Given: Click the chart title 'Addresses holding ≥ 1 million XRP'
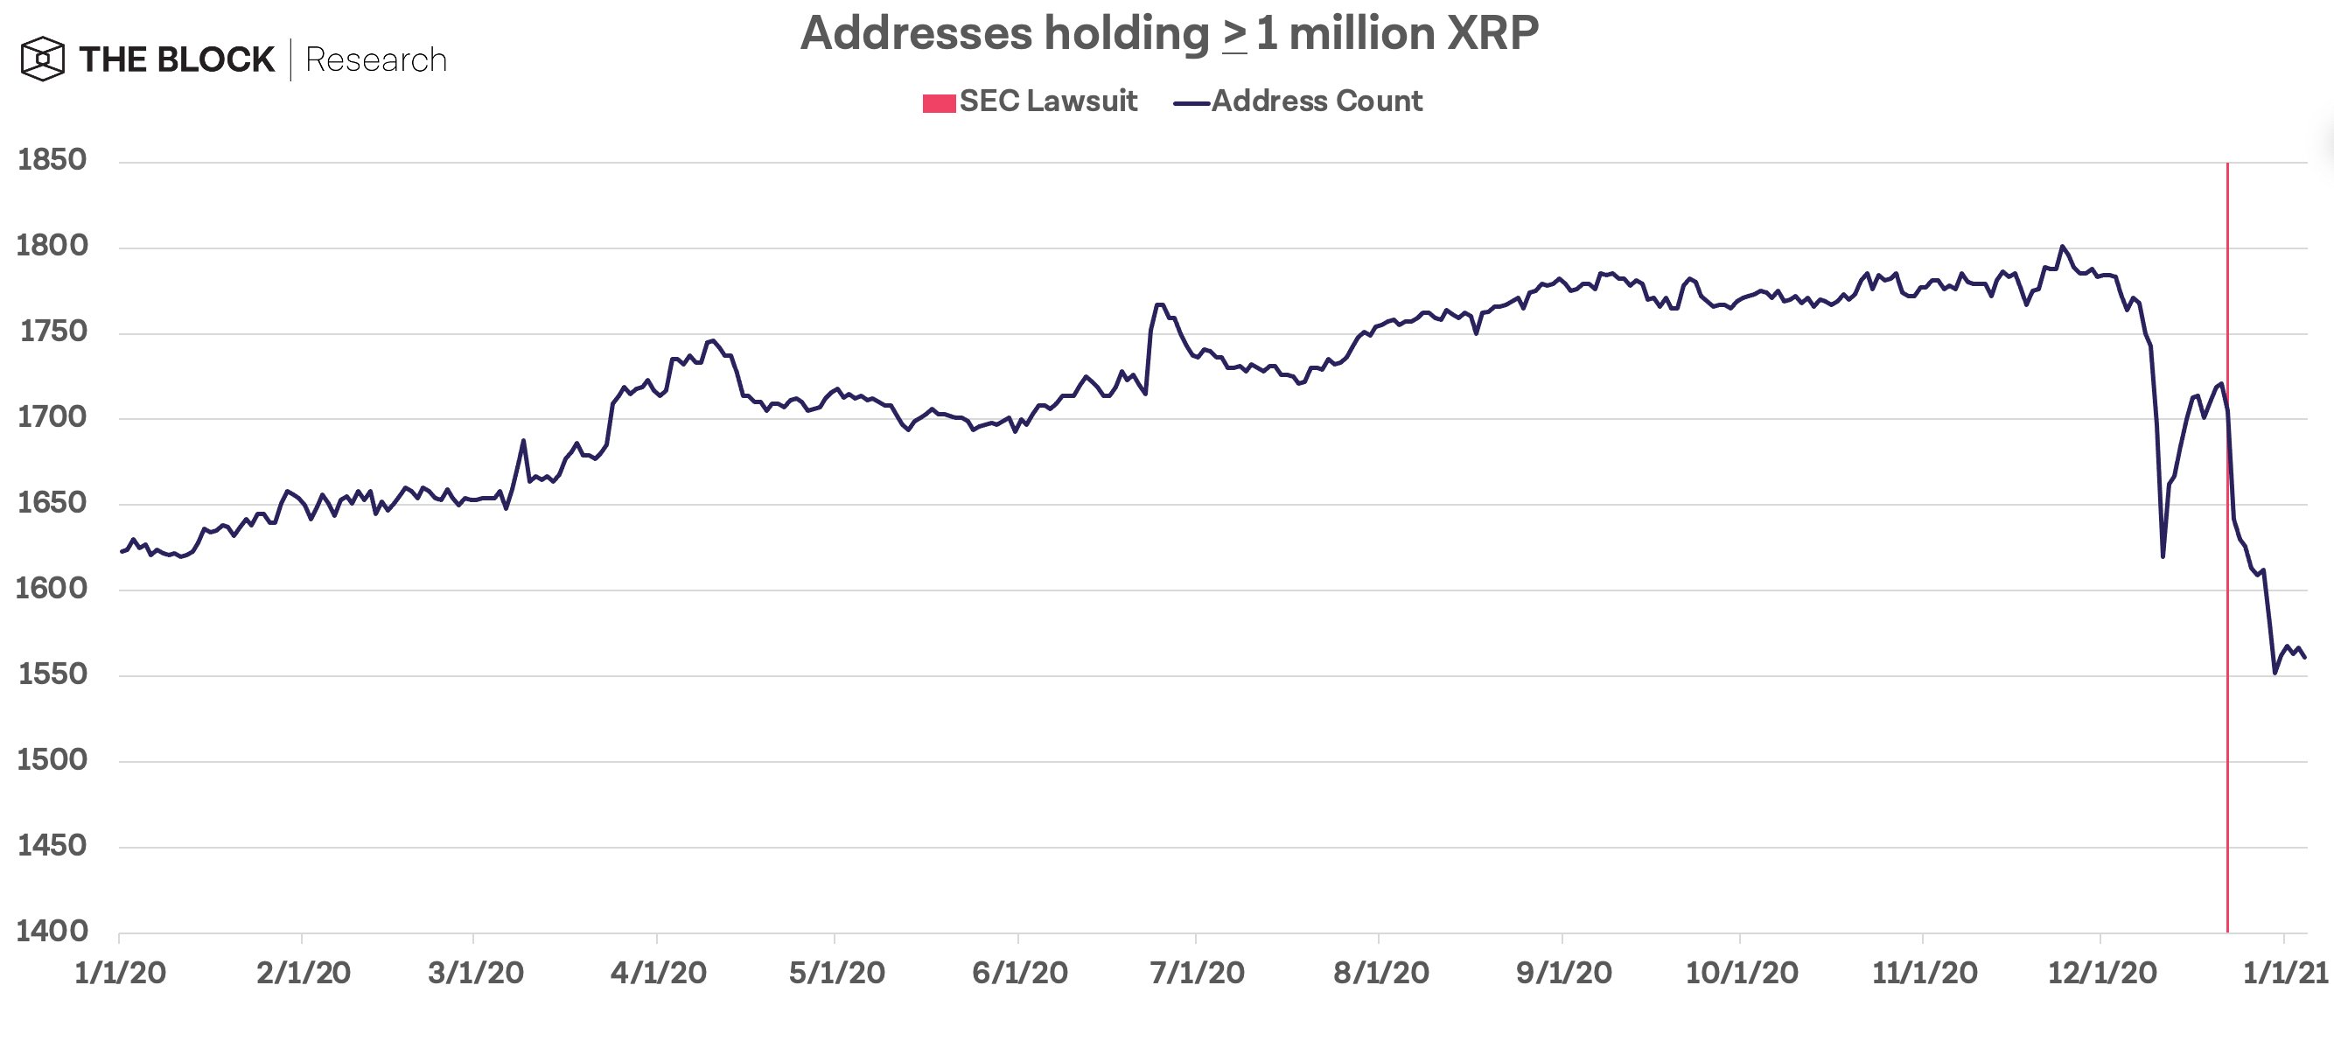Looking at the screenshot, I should [1169, 34].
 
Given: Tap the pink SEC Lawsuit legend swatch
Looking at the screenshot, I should [939, 103].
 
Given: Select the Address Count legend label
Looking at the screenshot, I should [1316, 101].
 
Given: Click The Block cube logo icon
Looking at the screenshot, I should [43, 59].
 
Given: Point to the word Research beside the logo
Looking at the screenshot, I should [376, 59].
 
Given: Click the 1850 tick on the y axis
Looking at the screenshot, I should [52, 159].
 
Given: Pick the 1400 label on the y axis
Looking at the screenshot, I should [52, 931].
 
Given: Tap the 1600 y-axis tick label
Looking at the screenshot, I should [52, 588].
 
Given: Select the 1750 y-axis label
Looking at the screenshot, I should [52, 331].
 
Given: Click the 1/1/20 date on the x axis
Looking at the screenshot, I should [120, 973].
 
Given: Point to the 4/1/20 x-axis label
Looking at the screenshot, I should [658, 973].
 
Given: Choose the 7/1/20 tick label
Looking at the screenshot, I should [1197, 973].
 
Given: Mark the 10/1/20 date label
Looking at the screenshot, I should [1741, 973].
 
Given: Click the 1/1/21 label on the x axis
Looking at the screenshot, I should [2284, 973].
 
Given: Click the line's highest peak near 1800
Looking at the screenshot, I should [2062, 247].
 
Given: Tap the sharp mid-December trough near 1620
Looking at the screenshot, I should [2163, 555].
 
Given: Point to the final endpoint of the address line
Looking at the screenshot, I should [2305, 658].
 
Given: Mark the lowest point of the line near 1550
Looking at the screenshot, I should [2275, 673].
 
